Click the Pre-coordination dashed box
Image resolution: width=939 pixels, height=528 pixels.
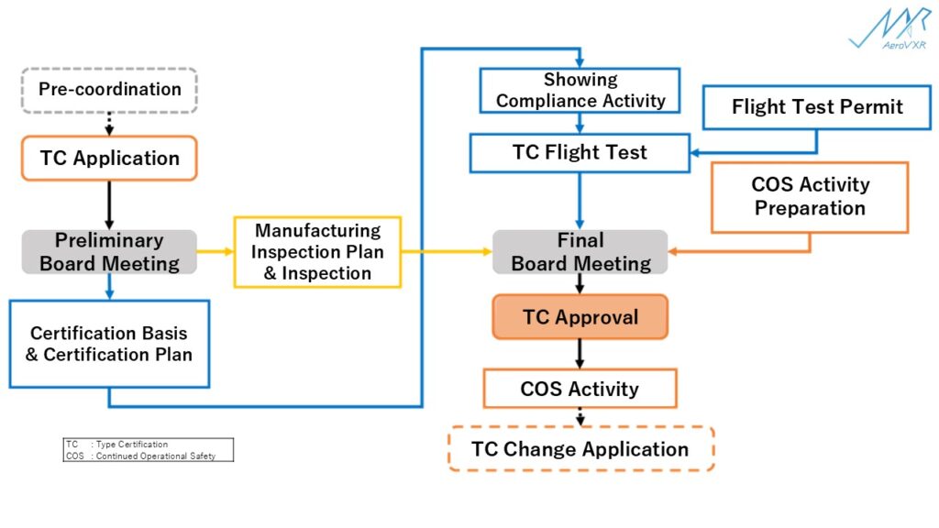(109, 90)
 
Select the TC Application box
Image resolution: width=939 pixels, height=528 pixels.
(109, 158)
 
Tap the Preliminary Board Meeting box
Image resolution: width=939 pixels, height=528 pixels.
(109, 252)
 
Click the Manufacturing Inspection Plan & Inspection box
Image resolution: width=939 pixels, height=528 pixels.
(317, 252)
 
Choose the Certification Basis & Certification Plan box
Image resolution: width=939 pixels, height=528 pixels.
(109, 344)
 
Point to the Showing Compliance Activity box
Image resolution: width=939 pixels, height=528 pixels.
(580, 91)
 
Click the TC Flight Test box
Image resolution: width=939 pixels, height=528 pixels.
(580, 153)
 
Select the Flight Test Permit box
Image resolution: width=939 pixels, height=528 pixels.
(816, 107)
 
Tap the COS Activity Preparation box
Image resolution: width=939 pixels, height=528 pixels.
(810, 197)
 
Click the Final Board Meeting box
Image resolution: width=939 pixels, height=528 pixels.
(580, 252)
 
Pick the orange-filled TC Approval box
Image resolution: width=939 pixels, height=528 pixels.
(580, 317)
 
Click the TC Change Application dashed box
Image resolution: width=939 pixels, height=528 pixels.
(580, 449)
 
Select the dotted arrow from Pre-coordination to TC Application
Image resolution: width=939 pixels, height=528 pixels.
(109, 124)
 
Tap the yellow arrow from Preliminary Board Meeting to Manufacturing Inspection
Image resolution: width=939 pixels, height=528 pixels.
(215, 252)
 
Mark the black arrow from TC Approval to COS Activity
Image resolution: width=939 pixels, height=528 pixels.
(580, 354)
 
